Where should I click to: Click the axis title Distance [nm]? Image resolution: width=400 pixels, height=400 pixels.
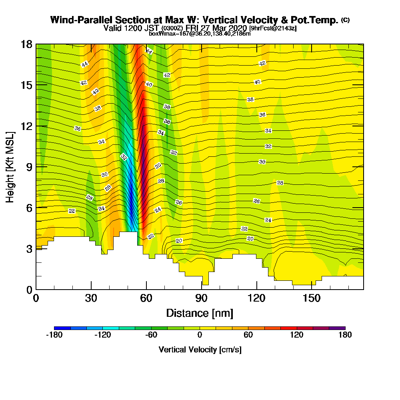(200, 313)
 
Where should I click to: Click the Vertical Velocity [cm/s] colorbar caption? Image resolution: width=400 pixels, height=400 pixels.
(200, 350)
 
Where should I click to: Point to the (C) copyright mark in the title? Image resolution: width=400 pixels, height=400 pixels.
(346, 20)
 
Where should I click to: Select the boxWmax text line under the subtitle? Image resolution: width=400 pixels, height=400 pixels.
(200, 34)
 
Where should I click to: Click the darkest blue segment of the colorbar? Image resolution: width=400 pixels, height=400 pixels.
(62, 328)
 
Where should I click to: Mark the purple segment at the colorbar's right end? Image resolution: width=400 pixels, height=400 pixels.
(337, 328)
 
